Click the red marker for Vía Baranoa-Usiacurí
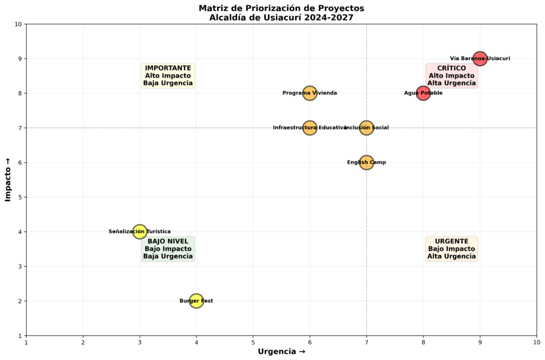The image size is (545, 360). [x=480, y=58]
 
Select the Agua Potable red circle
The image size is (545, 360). [x=423, y=93]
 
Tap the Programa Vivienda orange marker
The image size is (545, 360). [x=310, y=93]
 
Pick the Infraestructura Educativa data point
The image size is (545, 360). [x=310, y=128]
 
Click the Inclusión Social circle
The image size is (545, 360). [x=366, y=128]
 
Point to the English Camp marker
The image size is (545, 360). [x=366, y=162]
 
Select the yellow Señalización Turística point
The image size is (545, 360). [x=139, y=231]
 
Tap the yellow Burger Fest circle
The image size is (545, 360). [x=196, y=301]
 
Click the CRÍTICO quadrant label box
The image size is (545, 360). [x=451, y=76]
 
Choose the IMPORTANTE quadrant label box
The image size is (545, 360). [x=168, y=76]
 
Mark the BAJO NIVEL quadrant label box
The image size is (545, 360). [x=168, y=249]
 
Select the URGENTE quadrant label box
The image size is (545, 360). [x=451, y=249]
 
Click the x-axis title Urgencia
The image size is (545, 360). [x=282, y=351]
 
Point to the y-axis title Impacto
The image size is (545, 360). [x=8, y=180]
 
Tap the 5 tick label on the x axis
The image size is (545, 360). [x=253, y=342]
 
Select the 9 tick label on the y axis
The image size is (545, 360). [x=19, y=58]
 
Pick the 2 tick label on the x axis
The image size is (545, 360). [x=83, y=342]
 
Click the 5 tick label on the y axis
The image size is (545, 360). [x=19, y=197]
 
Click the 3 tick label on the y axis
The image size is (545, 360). [x=19, y=266]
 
